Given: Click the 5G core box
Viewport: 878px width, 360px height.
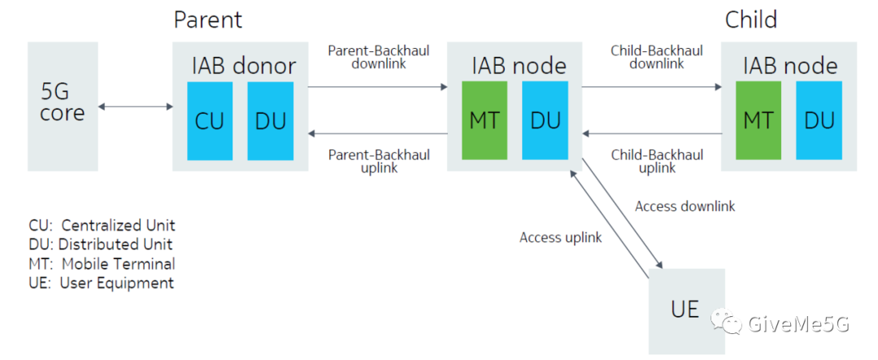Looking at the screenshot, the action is (63, 106).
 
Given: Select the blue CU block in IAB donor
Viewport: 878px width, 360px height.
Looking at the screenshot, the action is (210, 121).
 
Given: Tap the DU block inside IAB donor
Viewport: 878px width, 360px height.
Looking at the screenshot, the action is (271, 121).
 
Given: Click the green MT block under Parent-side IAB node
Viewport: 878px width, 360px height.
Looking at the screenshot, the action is (485, 121).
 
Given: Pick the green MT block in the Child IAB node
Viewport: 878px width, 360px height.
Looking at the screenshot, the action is (758, 121).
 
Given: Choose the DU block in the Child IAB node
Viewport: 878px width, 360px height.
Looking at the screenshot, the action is (819, 121).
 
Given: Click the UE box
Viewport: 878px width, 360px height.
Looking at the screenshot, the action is (686, 311).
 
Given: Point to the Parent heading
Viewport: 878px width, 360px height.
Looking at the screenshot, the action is (208, 20).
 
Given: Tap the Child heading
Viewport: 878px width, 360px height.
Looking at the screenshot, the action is (751, 20).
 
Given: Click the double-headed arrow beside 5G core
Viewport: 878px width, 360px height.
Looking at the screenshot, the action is (136, 106).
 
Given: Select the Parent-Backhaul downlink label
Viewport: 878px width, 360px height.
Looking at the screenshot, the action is (379, 57).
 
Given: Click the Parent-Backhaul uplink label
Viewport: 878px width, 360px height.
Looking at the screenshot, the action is (379, 161).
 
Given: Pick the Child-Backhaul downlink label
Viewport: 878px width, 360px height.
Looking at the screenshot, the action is (657, 57).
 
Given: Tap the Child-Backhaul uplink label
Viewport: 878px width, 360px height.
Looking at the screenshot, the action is (657, 161).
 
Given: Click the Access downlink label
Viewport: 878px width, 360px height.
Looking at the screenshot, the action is (685, 206).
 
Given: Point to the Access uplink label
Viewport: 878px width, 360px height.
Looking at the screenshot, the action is (560, 237).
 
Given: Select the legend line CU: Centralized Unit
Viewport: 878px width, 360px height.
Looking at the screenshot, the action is (102, 225).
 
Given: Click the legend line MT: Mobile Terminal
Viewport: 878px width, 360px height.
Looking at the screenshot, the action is (102, 263).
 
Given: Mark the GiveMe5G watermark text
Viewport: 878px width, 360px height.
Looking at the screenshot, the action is (798, 323).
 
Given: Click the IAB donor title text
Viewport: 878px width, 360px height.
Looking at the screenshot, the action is (244, 66).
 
